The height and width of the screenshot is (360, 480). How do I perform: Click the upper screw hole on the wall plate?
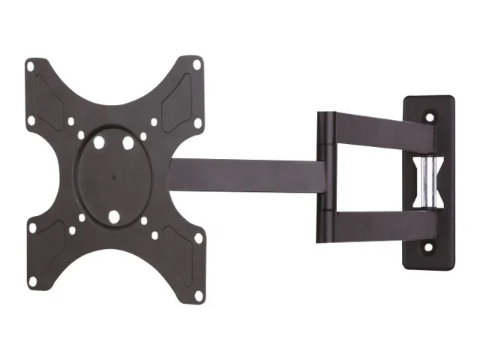tap(430, 116)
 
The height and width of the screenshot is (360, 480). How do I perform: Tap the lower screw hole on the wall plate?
tap(430, 246)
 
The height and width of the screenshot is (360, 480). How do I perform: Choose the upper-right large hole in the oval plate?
tap(129, 140)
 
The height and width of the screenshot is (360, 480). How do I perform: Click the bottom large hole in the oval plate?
tap(114, 217)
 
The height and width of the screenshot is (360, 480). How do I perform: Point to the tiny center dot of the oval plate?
tap(114, 178)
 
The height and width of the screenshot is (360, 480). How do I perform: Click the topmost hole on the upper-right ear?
tap(196, 64)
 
